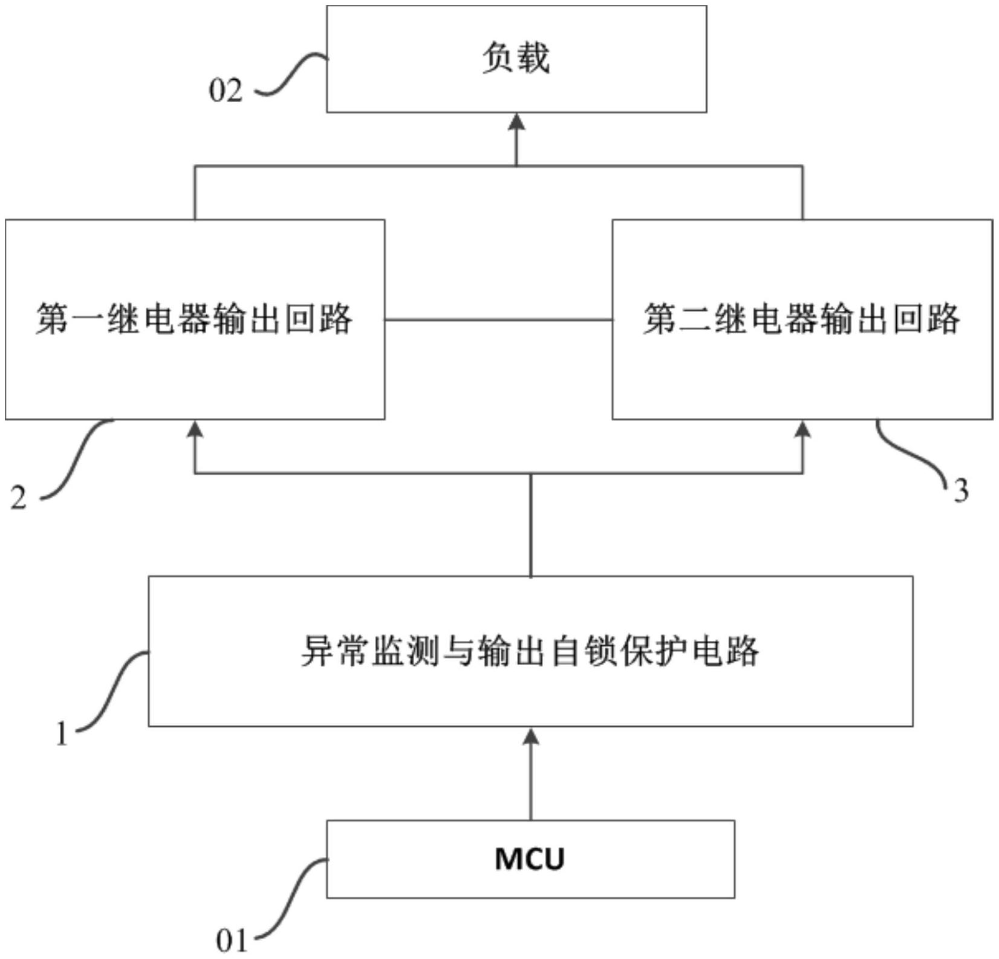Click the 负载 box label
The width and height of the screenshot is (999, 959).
(516, 59)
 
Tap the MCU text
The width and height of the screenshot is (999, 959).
(530, 859)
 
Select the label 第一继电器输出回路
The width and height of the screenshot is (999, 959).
(194, 319)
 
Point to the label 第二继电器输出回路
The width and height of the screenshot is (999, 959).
(801, 319)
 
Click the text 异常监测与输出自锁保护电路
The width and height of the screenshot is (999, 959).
(530, 651)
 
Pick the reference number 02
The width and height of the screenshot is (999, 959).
(226, 91)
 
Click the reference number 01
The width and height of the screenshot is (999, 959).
(232, 941)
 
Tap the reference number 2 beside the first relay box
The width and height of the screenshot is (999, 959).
(19, 498)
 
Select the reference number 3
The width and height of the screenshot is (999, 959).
(961, 490)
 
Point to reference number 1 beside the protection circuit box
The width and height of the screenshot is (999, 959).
(62, 734)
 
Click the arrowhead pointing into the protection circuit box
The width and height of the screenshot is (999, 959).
(530, 736)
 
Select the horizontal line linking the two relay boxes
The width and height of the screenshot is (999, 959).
(498, 319)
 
